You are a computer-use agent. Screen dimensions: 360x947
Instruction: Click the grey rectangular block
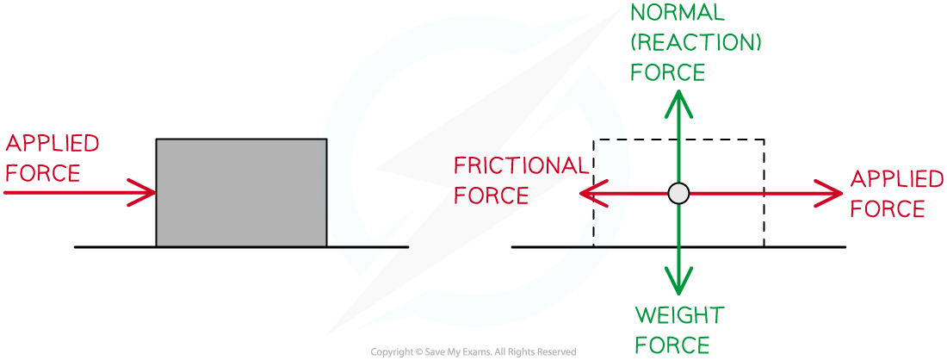[242, 193]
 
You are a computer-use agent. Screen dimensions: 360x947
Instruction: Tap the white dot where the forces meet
[679, 194]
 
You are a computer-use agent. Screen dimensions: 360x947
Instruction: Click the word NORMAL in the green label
[678, 13]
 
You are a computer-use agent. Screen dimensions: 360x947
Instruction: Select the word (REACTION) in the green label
[696, 43]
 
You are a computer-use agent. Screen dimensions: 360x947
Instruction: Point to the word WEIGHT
[679, 316]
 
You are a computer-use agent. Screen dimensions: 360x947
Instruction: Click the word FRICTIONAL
[521, 165]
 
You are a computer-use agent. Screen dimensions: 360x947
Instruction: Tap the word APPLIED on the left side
[53, 143]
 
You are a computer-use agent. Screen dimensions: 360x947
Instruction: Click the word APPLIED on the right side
[897, 180]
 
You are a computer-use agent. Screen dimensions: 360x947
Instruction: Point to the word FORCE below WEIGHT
[672, 345]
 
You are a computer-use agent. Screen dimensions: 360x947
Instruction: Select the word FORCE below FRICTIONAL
[491, 196]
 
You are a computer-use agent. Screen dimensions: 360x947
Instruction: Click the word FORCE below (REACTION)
[667, 73]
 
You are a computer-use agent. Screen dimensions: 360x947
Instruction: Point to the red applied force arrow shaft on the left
[69, 194]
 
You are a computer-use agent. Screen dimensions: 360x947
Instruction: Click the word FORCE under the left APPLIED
[42, 173]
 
